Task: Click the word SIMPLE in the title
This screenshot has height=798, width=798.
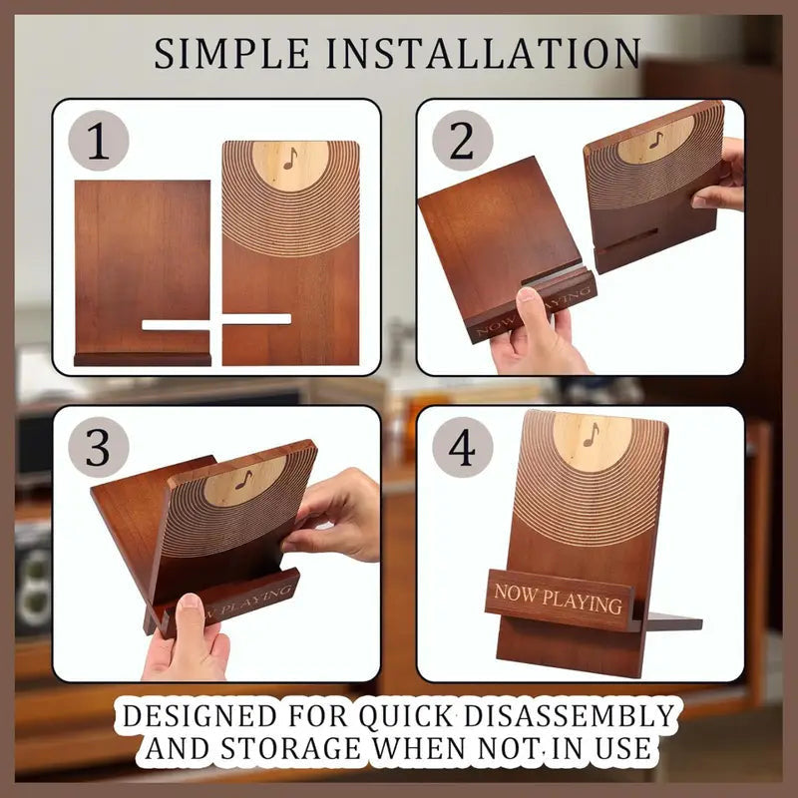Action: pos(231,54)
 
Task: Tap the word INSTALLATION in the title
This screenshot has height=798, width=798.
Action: pos(484,54)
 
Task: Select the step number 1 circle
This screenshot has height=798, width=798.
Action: pos(98,141)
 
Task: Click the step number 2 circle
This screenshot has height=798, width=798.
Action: pos(463,141)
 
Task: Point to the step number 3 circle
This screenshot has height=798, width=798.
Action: pos(98,447)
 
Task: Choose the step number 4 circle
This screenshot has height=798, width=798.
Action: pos(463,447)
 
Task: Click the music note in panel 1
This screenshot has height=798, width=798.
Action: pos(290,159)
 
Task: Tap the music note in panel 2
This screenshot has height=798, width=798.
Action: pos(656,140)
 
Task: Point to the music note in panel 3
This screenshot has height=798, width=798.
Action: pos(244,480)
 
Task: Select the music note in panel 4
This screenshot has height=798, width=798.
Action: pos(591,435)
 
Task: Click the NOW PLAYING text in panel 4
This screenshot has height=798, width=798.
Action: pos(558,598)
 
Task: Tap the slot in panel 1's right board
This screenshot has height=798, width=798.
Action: pos(257,319)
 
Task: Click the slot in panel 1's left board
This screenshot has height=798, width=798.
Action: pos(177,325)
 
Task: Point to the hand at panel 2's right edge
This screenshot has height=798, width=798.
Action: pos(718,176)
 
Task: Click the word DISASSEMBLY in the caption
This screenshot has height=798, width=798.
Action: pos(570,715)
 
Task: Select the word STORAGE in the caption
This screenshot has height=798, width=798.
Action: pos(290,748)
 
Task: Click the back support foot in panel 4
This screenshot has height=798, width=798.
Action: pos(672,621)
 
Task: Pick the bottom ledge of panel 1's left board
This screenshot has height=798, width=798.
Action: pos(143,359)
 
